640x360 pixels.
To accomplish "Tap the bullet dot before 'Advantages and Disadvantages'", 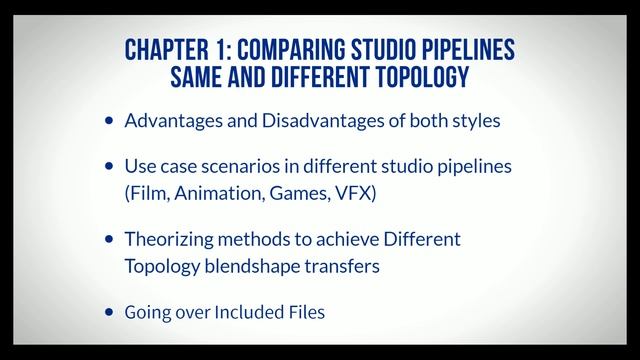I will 109,122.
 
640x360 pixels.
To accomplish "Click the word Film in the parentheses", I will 147,193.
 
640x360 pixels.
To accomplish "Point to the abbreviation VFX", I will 354,193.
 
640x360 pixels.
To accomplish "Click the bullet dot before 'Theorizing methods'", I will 109,241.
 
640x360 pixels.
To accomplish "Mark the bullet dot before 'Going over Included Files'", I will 109,313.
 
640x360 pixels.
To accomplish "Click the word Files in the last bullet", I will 306,312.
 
